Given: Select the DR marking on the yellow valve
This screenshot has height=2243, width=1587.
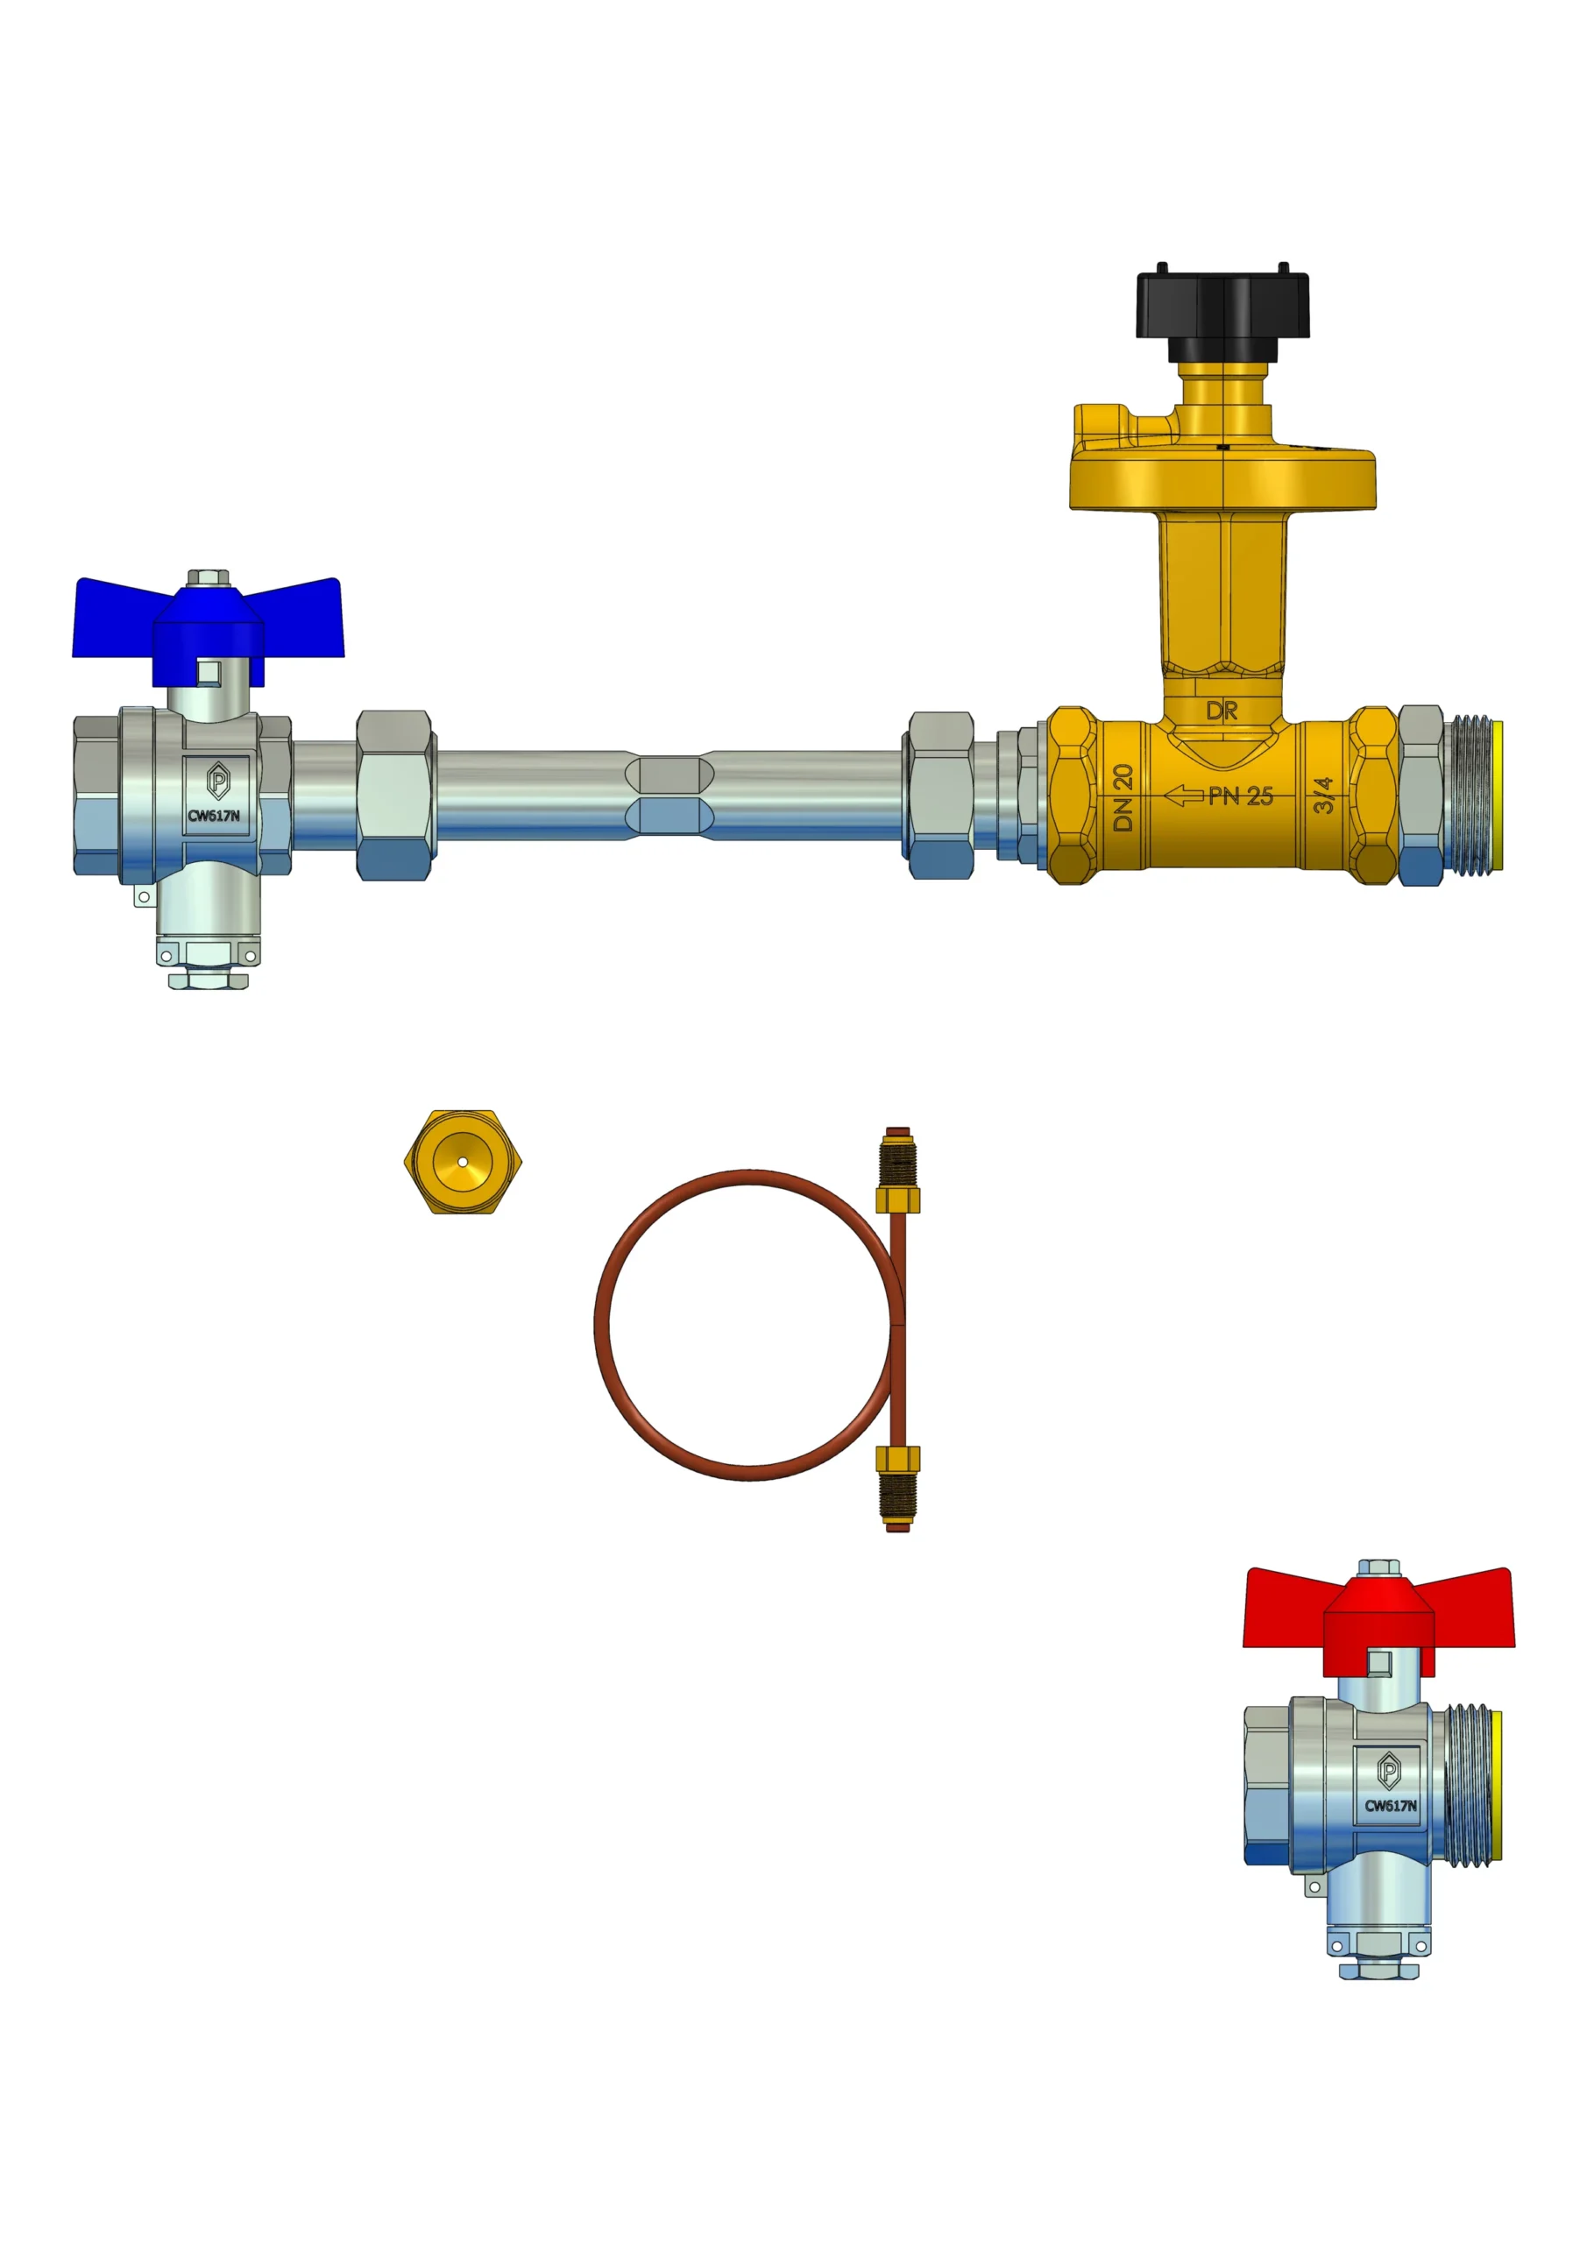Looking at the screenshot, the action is (1222, 711).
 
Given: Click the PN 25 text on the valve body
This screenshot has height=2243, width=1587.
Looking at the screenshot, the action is (1241, 796).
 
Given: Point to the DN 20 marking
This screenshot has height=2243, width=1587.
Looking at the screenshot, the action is (1123, 798).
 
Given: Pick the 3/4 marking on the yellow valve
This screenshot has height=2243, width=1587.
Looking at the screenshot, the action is (1323, 796).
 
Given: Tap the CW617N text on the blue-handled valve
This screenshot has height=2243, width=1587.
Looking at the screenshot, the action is (214, 816).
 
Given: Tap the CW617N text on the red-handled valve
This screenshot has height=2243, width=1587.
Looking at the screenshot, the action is (1391, 1805).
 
